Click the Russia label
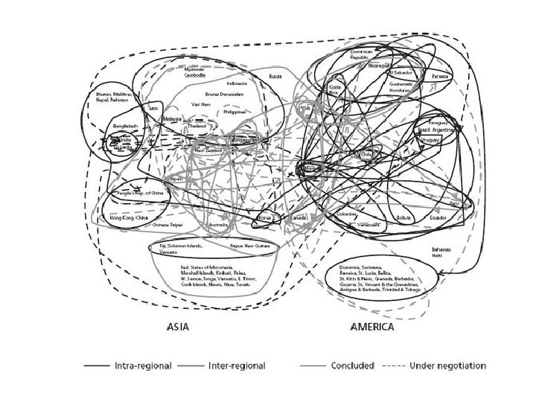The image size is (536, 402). [275, 77]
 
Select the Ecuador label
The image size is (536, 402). [438, 218]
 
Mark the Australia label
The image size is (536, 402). [219, 224]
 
